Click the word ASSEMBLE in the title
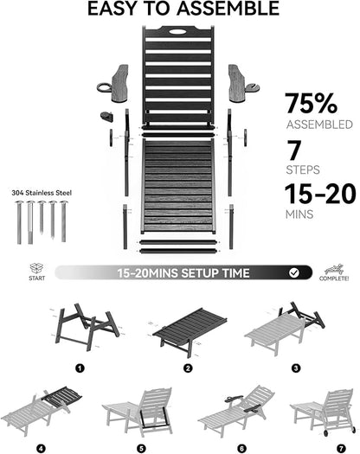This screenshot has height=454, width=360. tap(228, 9)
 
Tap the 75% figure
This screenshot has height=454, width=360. tap(311, 103)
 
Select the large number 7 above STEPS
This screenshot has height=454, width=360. tap(294, 150)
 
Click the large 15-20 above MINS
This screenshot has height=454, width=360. tap(320, 194)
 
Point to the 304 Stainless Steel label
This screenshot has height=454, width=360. tap(42, 193)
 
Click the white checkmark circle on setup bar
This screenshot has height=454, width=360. tap(294, 272)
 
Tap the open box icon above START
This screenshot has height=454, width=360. tap(36, 268)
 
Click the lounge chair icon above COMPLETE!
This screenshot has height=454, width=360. tap(334, 269)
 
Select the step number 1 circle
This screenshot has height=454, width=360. tap(80, 368)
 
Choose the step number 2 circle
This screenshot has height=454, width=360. tap(188, 368)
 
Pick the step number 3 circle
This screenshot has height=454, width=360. tap(296, 368)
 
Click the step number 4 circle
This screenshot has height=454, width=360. tap(41, 449)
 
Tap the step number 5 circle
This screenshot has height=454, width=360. tap(141, 449)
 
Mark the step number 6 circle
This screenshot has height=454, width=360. tap(241, 449)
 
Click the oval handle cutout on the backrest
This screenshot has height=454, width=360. tap(178, 31)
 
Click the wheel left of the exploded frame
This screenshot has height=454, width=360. tap(111, 137)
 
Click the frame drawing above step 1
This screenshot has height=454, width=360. tap(87, 327)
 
